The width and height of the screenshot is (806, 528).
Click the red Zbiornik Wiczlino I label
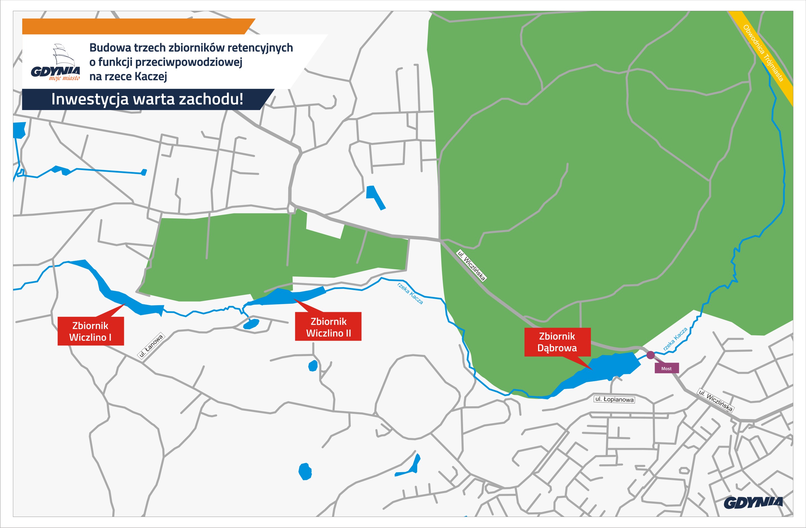click(90, 331)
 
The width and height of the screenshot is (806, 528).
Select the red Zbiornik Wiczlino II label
click(328, 327)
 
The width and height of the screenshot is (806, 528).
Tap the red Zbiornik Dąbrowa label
click(557, 342)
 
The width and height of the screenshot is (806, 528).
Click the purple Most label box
click(666, 368)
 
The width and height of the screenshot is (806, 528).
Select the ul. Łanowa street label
click(151, 346)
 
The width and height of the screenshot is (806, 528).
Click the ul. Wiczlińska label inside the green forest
click(471, 265)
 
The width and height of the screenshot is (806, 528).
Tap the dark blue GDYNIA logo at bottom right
click(753, 503)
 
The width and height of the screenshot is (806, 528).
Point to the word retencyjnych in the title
click(260, 48)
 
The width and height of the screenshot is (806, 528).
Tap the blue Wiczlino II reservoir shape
click(288, 297)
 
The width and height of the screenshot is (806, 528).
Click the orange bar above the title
click(135, 26)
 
